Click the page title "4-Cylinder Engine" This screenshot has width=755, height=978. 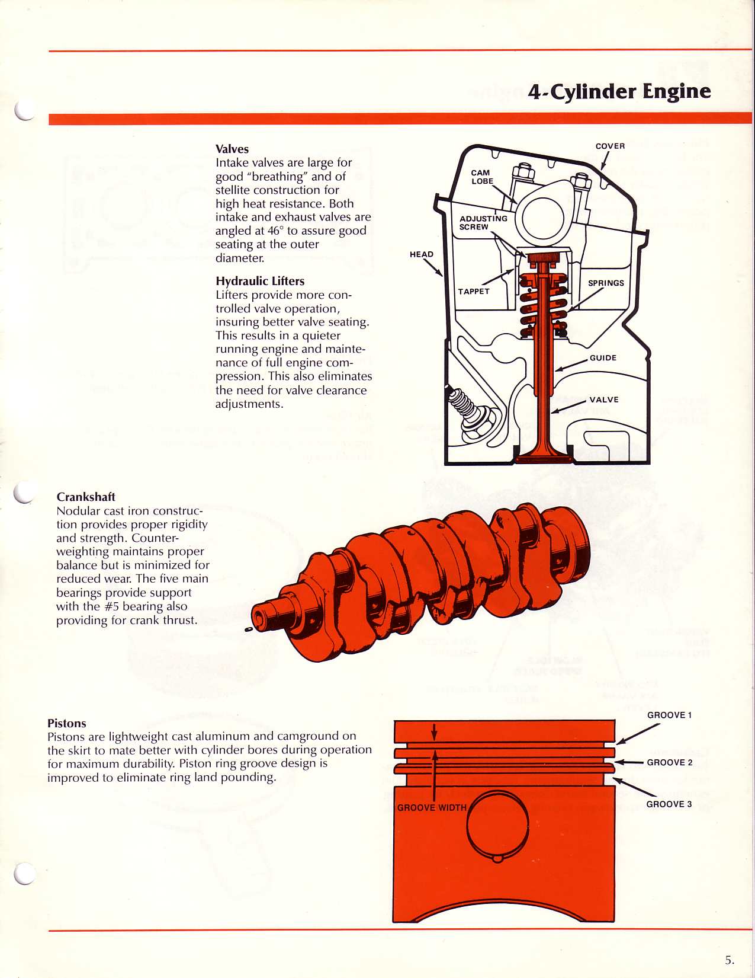click(619, 91)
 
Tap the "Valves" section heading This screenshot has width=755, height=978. click(232, 149)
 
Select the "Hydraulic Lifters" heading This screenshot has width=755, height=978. click(260, 281)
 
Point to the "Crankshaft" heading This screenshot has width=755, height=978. click(86, 497)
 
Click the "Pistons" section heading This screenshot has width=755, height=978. click(67, 723)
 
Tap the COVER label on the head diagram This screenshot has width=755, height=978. click(610, 146)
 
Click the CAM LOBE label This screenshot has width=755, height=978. click(481, 177)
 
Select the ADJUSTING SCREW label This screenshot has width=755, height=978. click(483, 222)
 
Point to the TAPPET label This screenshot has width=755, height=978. click(474, 291)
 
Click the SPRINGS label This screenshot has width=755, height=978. click(606, 283)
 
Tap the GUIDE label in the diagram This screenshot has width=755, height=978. click(603, 357)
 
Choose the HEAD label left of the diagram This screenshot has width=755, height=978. click(422, 254)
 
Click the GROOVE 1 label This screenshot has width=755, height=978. click(669, 715)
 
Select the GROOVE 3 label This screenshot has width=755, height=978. click(669, 804)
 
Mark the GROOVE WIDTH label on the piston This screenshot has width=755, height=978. click(432, 807)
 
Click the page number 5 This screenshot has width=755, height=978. click(729, 960)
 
